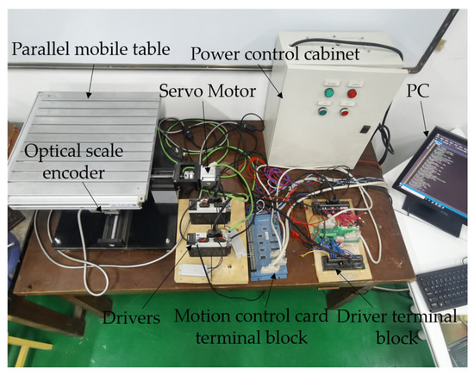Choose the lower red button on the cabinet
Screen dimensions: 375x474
(345, 111)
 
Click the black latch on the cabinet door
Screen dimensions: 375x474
(365, 129)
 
